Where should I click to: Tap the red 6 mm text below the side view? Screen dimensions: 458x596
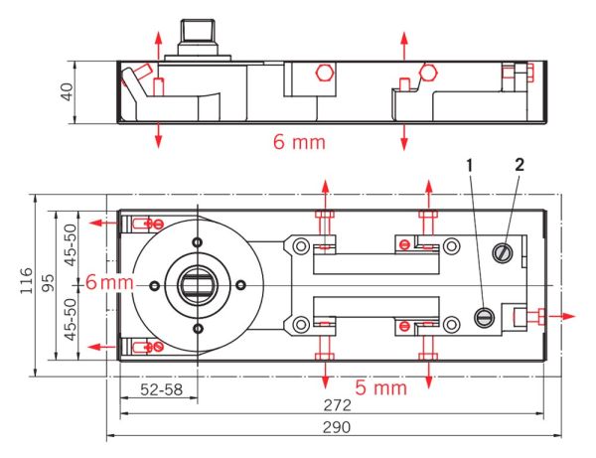pos(299,142)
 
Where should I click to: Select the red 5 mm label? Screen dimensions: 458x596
pos(380,387)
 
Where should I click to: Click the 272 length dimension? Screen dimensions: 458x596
pos(338,407)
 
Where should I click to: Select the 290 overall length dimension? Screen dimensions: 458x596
pos(338,427)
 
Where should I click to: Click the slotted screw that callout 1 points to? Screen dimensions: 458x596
pos(485,317)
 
